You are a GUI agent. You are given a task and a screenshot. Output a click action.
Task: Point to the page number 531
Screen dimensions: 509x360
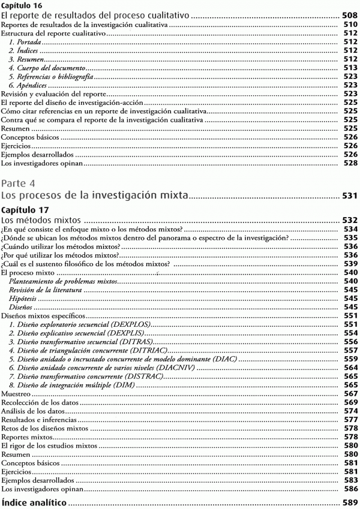pyautogui.click(x=349, y=195)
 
